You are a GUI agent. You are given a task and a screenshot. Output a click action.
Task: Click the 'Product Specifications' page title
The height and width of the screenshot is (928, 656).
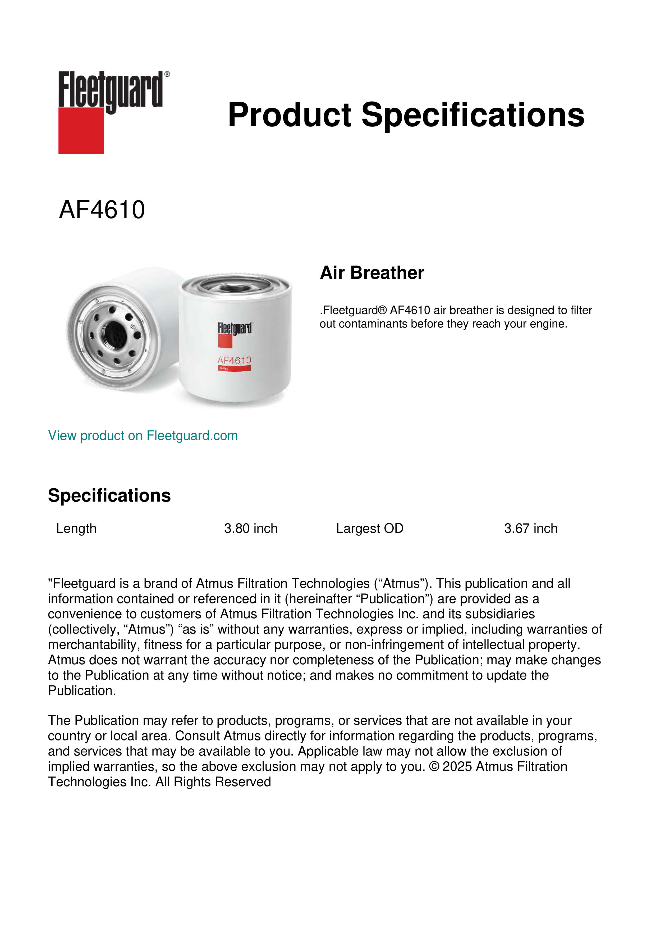pyautogui.click(x=406, y=115)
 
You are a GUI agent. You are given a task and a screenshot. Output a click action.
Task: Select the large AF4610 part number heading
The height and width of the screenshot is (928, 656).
pyautogui.click(x=102, y=210)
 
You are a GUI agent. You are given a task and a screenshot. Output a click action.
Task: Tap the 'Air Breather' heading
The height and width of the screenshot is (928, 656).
pyautogui.click(x=372, y=273)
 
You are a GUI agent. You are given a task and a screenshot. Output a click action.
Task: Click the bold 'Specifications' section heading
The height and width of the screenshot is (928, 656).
pyautogui.click(x=109, y=495)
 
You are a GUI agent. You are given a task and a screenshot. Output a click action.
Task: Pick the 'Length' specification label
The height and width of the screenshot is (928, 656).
pyautogui.click(x=76, y=528)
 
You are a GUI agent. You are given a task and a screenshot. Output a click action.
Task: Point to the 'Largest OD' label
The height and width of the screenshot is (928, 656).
pyautogui.click(x=370, y=528)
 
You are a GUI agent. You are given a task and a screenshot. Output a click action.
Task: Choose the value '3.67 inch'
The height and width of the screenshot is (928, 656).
pyautogui.click(x=530, y=528)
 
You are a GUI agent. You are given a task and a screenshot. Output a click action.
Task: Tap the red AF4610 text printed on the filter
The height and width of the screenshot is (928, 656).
pyautogui.click(x=234, y=360)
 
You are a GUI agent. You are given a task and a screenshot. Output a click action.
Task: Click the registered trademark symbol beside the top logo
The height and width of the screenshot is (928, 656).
pyautogui.click(x=167, y=74)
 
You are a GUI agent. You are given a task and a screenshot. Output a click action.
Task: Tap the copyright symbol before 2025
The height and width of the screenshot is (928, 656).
pyautogui.click(x=434, y=767)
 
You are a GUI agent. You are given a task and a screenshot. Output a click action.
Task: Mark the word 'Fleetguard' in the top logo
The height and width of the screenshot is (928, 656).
pyautogui.click(x=110, y=90)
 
